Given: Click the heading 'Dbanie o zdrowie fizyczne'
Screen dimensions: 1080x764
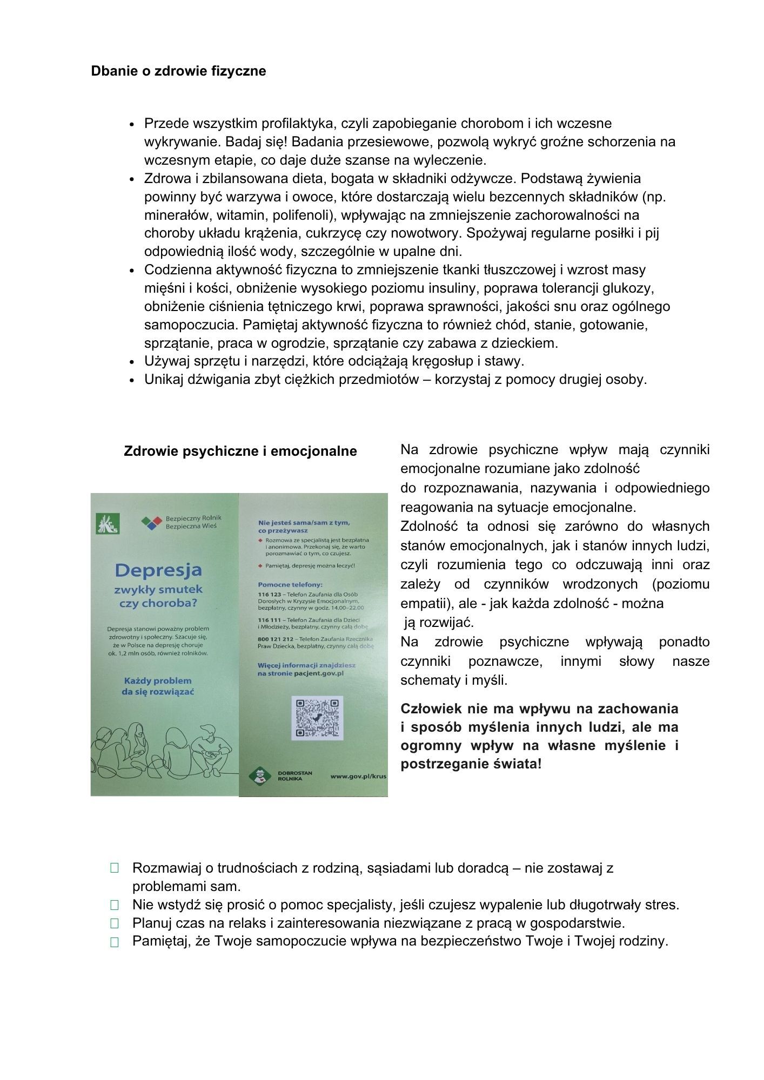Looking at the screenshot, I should pos(178,71).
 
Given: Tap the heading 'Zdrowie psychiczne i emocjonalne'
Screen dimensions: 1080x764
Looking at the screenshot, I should pos(240,451).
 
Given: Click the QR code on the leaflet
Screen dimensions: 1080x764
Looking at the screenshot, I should pos(317,717).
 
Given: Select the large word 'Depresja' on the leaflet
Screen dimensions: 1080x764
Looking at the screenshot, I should pos(158,570).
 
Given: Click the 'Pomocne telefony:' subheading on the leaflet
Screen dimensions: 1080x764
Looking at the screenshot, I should pos(290,584).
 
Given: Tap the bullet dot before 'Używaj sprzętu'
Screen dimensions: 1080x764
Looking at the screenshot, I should pos(132,362).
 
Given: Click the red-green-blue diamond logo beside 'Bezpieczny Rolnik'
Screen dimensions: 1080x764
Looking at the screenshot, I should pos(151,522).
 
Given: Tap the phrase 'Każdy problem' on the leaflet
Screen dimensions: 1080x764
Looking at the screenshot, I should pos(157,680).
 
